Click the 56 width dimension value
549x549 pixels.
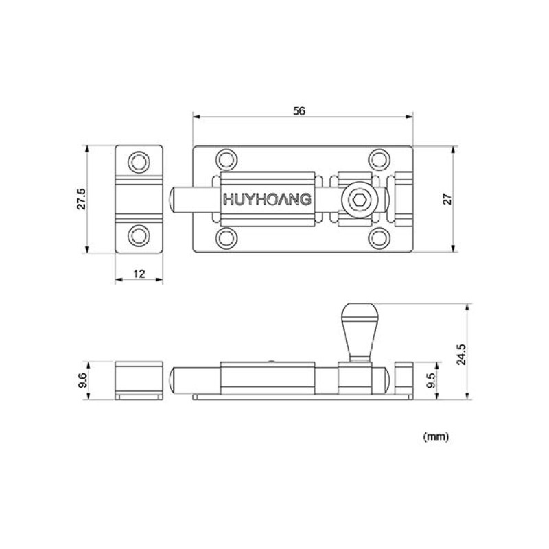point(299,111)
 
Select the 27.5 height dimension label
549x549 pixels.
point(81,199)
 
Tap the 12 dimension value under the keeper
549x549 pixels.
point(139,274)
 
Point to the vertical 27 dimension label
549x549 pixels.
point(448,199)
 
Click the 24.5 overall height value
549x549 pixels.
point(461,354)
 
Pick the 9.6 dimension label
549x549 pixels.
point(82,381)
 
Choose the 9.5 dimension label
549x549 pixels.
point(431,381)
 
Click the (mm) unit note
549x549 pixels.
point(436,436)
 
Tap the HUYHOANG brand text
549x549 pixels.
point(268,199)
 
